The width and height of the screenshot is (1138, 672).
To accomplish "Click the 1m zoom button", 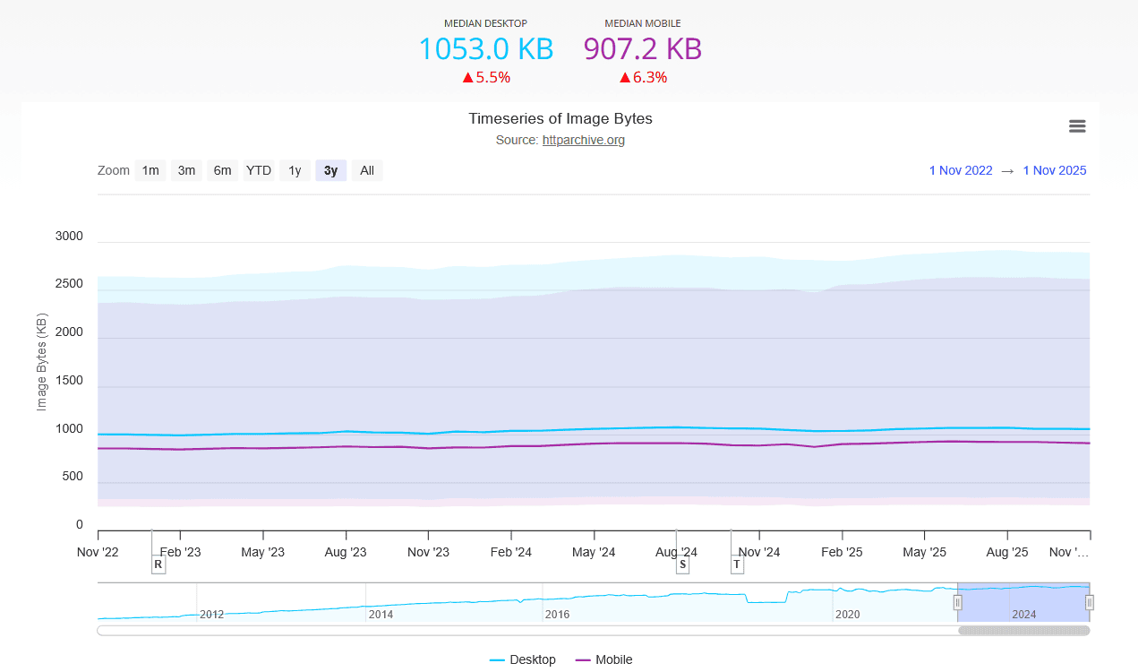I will coord(150,170).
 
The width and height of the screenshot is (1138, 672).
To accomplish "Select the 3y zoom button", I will coord(330,170).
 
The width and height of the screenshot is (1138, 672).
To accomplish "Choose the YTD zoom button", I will coord(259,170).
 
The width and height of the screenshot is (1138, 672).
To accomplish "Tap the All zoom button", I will coord(367,170).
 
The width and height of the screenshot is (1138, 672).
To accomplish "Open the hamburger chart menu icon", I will coord(1077,126).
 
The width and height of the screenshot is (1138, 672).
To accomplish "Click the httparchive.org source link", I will coord(583,140).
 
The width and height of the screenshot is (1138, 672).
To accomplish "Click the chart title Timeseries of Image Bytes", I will coord(560,118).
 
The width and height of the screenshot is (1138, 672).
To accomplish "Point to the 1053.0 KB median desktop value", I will coord(486,48).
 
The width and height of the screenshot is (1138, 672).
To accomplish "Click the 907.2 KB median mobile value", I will coord(642,48).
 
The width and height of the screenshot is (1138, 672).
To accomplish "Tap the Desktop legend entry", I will coord(523,659).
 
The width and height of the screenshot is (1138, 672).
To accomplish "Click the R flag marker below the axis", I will coord(158,564).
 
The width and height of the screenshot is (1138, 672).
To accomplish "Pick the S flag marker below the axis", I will coord(682,564).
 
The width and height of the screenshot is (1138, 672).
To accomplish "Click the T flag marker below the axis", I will coord(737,564).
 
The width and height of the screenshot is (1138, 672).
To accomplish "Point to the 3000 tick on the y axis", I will coord(69,237).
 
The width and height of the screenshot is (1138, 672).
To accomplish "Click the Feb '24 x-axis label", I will coord(512,552).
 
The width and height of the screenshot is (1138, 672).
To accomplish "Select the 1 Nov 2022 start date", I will coord(960,170).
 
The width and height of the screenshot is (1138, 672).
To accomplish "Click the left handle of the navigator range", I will coord(957,602).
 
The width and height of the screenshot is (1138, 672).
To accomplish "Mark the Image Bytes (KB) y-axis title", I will coord(41,362).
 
